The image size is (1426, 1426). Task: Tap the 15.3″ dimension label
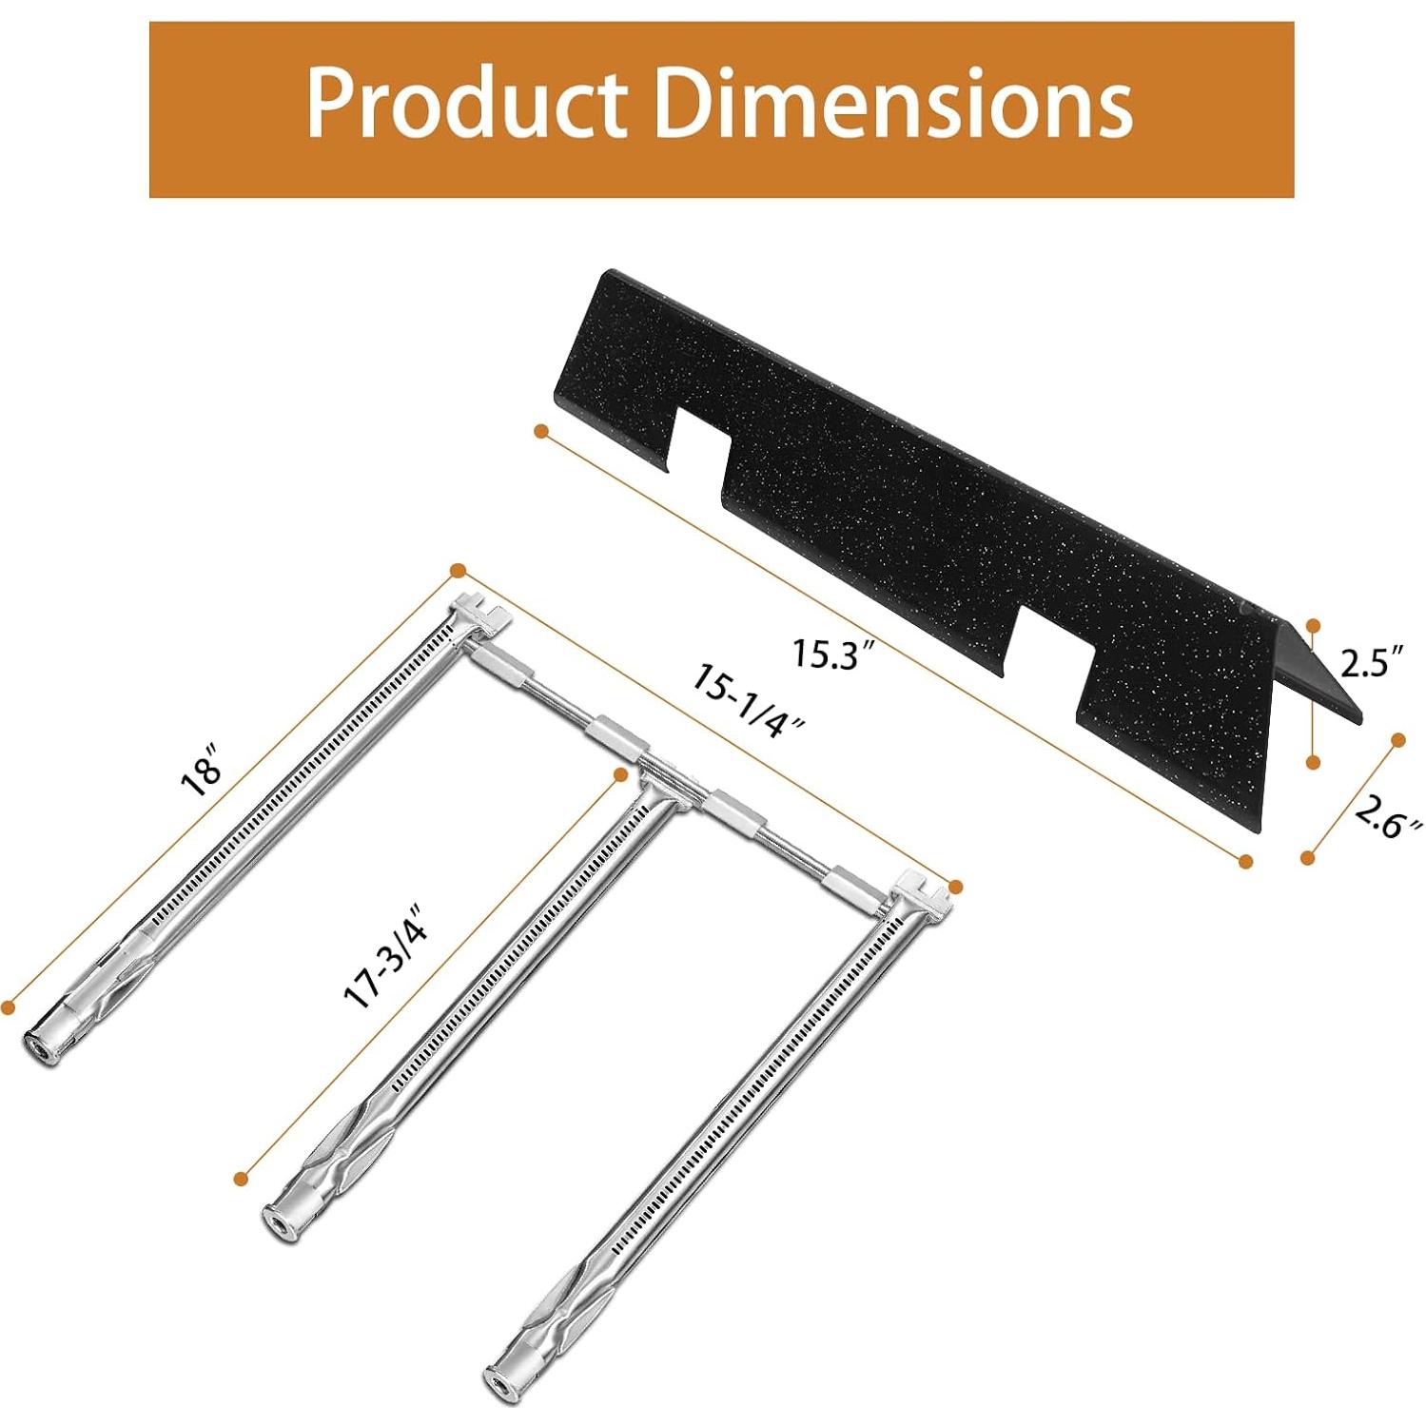pyautogui.click(x=833, y=654)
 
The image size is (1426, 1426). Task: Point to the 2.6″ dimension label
pyautogui.click(x=1389, y=817)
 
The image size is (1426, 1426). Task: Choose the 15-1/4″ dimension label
pyautogui.click(x=748, y=699)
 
